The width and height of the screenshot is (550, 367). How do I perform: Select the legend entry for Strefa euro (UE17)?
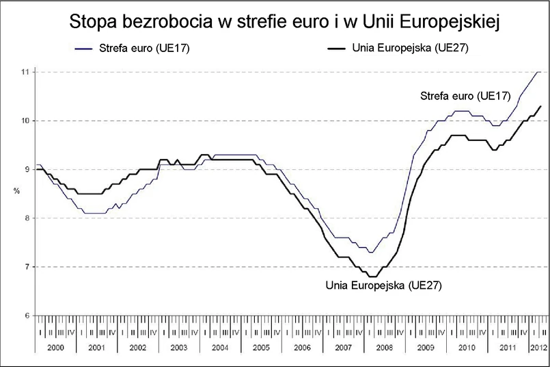pos(149,49)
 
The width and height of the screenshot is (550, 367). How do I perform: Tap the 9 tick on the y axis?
pos(25,170)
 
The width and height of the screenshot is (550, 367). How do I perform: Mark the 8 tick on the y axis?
pos(25,218)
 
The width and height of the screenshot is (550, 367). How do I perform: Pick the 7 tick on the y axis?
pos(25,267)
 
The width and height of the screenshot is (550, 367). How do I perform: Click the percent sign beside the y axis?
pos(17,191)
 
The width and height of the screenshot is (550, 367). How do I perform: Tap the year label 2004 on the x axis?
pos(221,349)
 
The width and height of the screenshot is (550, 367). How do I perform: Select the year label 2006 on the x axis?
pos(303,349)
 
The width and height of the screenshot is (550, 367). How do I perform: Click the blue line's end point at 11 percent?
pos(539,72)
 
